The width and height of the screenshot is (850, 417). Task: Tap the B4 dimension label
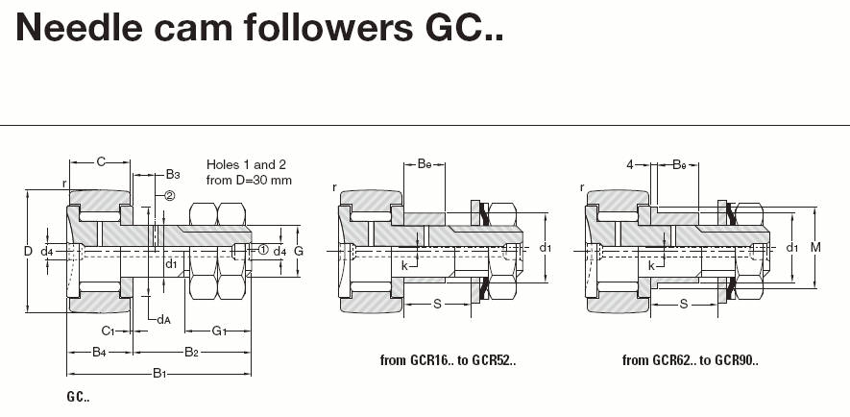(x=99, y=352)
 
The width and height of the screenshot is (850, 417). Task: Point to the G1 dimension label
(x=219, y=331)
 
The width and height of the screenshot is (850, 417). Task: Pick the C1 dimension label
(x=109, y=331)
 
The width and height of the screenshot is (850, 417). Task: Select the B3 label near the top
(x=173, y=175)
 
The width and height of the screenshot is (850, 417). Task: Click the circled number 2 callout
(x=169, y=196)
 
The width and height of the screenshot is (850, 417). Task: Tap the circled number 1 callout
(x=261, y=250)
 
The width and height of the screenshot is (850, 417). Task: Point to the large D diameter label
(x=28, y=251)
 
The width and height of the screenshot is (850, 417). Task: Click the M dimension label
(x=815, y=248)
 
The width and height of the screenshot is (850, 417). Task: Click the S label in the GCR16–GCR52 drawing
(x=437, y=305)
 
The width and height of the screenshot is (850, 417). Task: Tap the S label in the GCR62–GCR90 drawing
(x=684, y=305)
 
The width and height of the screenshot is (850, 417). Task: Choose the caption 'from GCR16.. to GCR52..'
(x=448, y=361)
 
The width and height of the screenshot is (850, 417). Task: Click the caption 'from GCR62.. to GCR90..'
(x=690, y=361)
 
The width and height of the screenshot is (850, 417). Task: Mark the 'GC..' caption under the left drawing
(x=79, y=397)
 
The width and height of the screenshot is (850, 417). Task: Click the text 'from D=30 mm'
(x=250, y=180)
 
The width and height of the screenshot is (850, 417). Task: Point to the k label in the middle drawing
(x=404, y=264)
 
